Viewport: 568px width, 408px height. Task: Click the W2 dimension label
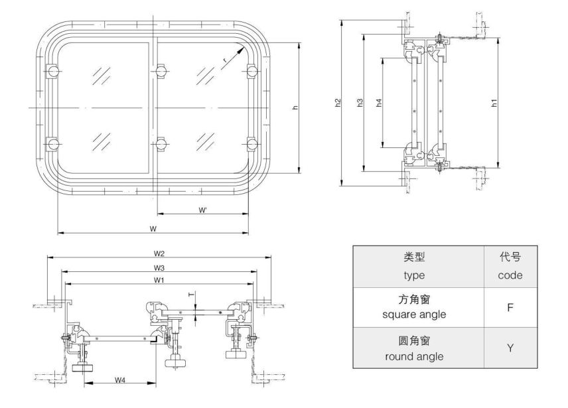[x=159, y=253]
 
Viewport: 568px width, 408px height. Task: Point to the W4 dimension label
[x=120, y=380]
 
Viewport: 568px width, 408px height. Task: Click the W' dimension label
[x=204, y=210]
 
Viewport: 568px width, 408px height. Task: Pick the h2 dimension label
[x=338, y=103]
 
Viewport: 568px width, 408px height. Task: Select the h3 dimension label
[x=359, y=103]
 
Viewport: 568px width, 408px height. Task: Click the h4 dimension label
[x=379, y=103]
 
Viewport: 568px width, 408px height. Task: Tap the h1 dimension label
[x=493, y=103]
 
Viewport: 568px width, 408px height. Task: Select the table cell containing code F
[x=510, y=308]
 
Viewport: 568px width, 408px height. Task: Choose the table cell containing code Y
[x=510, y=348]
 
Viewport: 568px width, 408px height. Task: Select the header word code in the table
[x=510, y=275]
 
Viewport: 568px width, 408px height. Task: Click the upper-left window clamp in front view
[x=52, y=71]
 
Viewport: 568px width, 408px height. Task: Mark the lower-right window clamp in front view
[x=251, y=143]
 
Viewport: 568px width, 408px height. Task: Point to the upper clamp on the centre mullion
[x=159, y=71]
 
